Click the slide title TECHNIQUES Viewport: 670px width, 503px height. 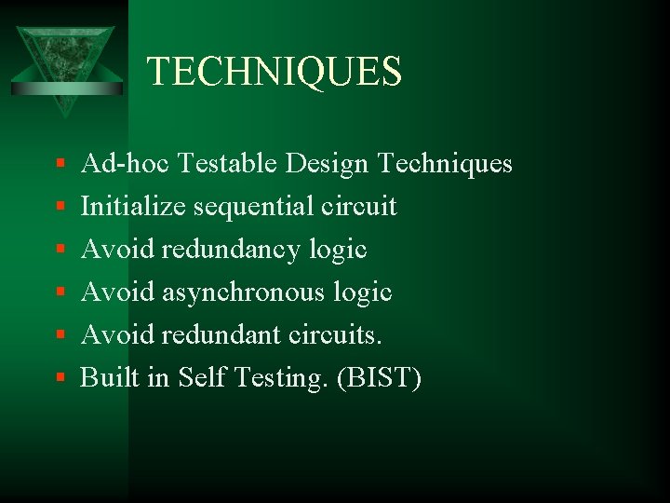(x=275, y=71)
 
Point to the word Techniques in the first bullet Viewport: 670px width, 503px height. (x=445, y=165)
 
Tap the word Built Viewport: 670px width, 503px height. (x=105, y=377)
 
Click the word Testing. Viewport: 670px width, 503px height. (x=276, y=378)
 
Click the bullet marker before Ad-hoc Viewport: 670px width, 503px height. (x=60, y=165)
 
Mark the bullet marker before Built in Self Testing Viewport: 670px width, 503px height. (x=60, y=378)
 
